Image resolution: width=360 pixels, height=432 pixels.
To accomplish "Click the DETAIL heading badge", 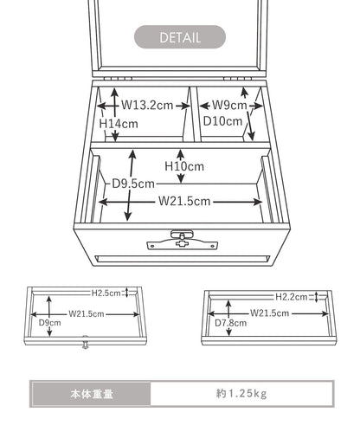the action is coord(180,37).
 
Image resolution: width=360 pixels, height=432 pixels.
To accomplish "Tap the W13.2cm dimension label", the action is coord(147,106).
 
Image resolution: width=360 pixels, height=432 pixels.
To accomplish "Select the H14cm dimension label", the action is coord(119,124).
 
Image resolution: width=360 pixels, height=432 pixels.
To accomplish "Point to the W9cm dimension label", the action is coord(229,105).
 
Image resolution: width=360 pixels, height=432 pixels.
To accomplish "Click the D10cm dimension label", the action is coord(222,121).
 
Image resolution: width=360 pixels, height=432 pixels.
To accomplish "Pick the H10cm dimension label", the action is coord(184,166).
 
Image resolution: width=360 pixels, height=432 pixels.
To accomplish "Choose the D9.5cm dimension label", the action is coord(133,184).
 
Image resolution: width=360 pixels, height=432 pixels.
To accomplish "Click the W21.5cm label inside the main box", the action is coord(184,201).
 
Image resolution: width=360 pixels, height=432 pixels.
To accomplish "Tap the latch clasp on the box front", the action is coord(182,240).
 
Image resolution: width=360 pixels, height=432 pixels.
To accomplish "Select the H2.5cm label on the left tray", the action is coord(106,293).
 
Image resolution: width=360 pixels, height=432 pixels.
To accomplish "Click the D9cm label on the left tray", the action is coord(50,323).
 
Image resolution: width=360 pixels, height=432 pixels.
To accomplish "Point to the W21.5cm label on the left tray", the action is coord(87,314).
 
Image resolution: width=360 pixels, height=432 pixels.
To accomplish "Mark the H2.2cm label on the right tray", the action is coord(292,297).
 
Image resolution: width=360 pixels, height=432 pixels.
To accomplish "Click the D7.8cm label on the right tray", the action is coord(231,323).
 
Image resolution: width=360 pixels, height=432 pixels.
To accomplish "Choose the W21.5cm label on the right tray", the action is coord(269,313).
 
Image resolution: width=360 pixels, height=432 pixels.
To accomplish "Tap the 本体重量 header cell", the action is coord(92,394).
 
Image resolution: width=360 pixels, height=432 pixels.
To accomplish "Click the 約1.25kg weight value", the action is coord(241,394).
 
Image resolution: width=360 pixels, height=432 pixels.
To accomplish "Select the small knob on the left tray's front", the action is coord(85,342).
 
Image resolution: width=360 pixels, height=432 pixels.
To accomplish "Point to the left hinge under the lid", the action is coord(119,79).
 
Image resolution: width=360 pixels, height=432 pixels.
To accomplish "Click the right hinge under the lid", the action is coord(237,79).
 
